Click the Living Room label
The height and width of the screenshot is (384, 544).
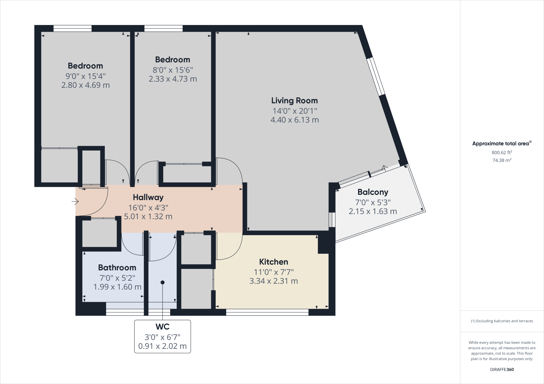[294, 101]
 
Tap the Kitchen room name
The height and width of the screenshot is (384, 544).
[274, 262]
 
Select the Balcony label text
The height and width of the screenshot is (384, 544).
[373, 192]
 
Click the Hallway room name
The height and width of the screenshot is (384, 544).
[148, 197]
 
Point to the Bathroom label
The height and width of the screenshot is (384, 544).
[117, 268]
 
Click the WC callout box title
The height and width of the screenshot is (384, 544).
[162, 327]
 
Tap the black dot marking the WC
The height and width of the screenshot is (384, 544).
[163, 282]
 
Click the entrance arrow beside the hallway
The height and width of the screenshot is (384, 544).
[75, 202]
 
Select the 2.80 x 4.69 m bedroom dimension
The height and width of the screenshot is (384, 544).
[85, 85]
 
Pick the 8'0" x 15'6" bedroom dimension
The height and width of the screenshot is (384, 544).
[173, 70]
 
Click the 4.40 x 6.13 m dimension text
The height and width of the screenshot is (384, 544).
[294, 120]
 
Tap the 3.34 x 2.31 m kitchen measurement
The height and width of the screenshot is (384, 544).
[274, 281]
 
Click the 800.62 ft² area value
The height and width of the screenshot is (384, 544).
[502, 152]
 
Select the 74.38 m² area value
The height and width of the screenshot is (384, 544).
[502, 160]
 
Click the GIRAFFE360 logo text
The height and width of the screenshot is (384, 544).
[502, 369]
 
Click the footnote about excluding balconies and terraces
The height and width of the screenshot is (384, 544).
[502, 321]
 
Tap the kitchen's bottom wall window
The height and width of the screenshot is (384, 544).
[267, 312]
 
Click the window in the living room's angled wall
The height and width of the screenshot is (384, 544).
[376, 76]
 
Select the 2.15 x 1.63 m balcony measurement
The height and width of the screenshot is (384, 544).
[373, 211]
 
